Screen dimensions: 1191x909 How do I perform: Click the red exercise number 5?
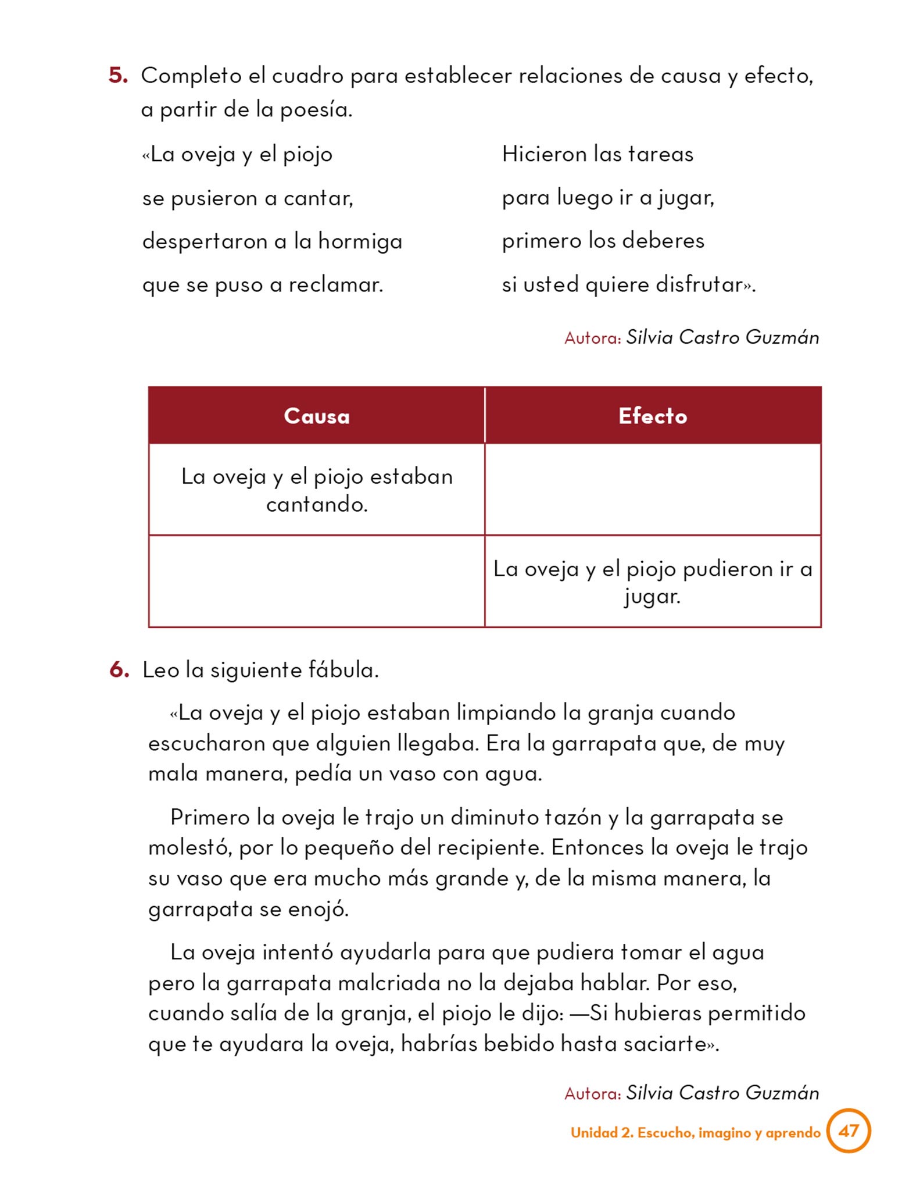point(118,76)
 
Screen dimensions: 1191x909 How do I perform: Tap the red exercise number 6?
point(119,670)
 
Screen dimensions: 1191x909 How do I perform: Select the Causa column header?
point(317,416)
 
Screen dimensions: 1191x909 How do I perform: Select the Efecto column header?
point(653,416)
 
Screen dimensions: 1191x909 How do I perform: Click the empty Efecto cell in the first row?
point(653,490)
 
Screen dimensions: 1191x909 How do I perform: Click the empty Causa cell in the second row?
point(317,581)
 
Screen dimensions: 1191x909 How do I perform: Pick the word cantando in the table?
point(316,504)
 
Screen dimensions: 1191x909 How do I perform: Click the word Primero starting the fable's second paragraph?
point(210,817)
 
